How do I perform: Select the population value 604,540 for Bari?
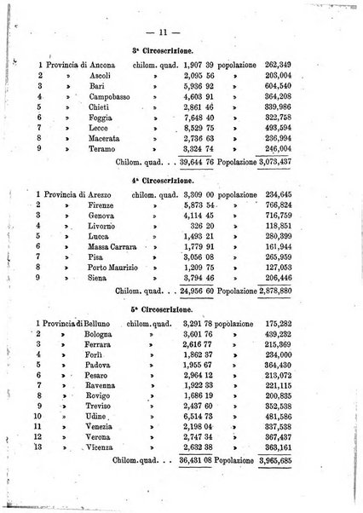tap(287, 86)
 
